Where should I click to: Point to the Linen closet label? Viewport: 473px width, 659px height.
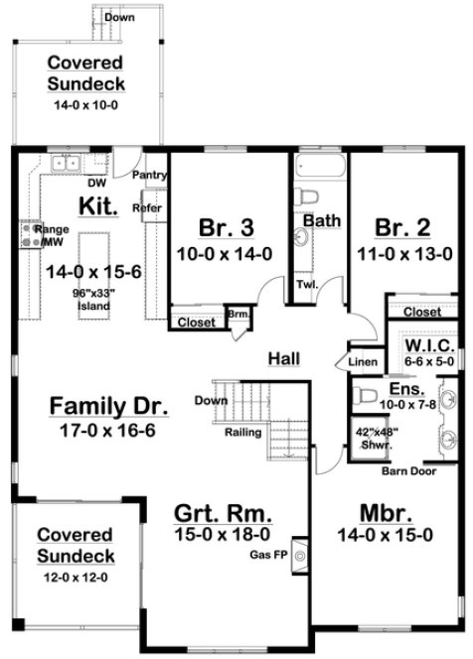tap(363, 362)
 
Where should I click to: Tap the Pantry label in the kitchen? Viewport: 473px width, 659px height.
tap(149, 175)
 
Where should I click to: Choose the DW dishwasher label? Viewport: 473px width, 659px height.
tap(97, 184)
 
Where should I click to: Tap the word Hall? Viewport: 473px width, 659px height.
tap(284, 357)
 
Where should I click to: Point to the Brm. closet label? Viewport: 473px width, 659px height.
tap(238, 315)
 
